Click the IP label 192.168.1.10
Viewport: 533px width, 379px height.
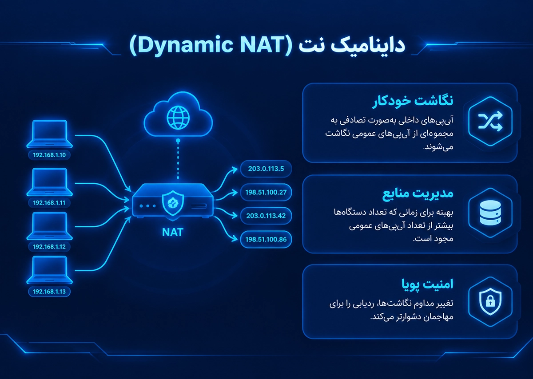point(49,155)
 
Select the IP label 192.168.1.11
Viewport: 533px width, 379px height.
point(49,203)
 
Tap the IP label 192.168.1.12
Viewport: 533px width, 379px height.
point(49,247)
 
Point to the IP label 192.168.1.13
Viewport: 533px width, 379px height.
point(49,292)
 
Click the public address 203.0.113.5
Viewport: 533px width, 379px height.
point(266,169)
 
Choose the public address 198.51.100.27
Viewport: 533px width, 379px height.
point(266,192)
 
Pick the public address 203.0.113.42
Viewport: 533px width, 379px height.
point(266,216)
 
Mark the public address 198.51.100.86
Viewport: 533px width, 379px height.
point(266,240)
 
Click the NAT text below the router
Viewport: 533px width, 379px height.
point(173,232)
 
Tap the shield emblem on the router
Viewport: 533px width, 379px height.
point(173,203)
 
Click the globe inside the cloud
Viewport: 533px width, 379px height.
point(178,118)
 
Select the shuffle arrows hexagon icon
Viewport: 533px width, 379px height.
point(490,121)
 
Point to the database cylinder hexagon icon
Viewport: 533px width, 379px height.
point(490,213)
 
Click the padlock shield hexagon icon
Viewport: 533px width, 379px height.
point(490,301)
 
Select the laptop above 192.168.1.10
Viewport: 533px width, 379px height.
point(49,134)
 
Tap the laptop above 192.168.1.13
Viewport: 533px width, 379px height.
point(49,270)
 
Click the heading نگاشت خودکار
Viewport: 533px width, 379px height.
point(413,101)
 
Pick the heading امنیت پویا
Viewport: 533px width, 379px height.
point(427,284)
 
